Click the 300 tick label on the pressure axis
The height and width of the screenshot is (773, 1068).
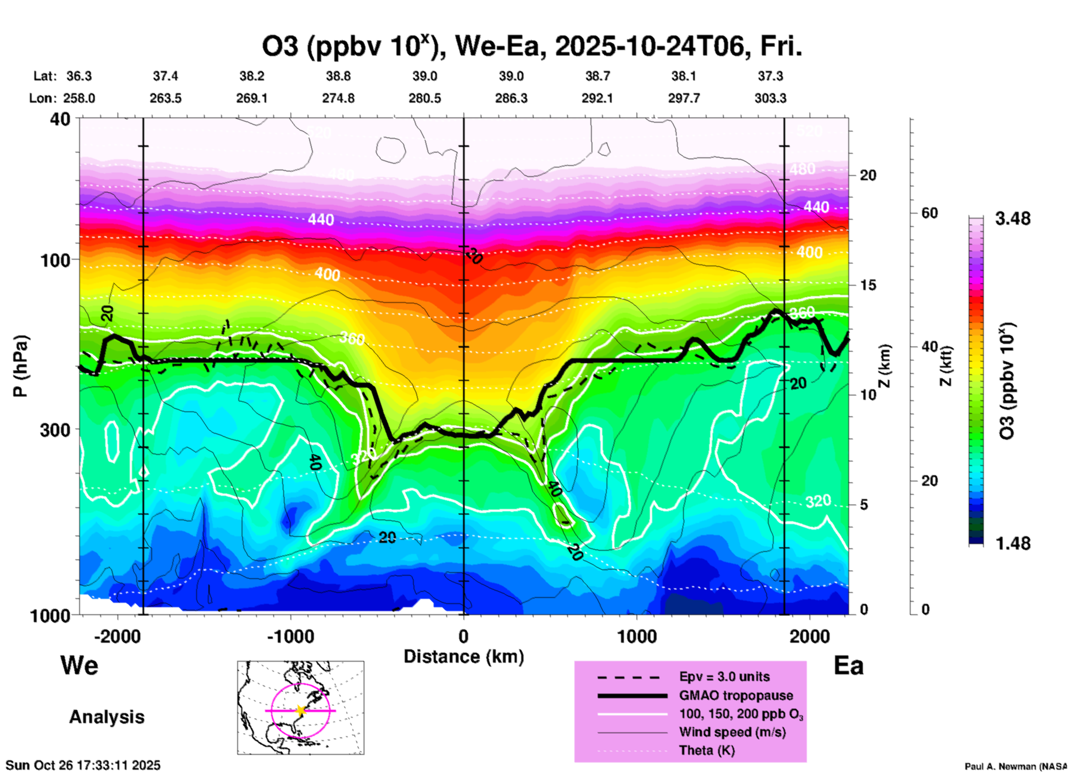55,430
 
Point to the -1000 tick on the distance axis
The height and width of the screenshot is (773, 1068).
290,636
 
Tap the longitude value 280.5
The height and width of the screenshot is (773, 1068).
425,98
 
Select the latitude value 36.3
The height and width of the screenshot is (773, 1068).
79,76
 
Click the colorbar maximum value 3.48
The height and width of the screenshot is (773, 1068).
1013,219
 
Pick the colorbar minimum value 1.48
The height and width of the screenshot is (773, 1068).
1013,543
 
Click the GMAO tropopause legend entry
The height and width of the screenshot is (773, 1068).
736,695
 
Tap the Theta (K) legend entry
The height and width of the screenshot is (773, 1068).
706,751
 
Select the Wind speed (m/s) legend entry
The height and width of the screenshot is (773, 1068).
732,733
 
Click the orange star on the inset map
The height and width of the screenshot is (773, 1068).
301,710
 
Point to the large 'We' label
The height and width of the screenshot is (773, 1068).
79,665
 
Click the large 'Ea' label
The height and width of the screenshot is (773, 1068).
848,666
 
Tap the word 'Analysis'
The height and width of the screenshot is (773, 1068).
106,717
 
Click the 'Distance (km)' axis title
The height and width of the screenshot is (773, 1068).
464,657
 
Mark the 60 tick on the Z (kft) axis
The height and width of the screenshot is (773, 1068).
929,213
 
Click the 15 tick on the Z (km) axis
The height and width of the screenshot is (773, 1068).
868,285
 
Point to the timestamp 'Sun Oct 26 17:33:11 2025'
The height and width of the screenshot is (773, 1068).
83,765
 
